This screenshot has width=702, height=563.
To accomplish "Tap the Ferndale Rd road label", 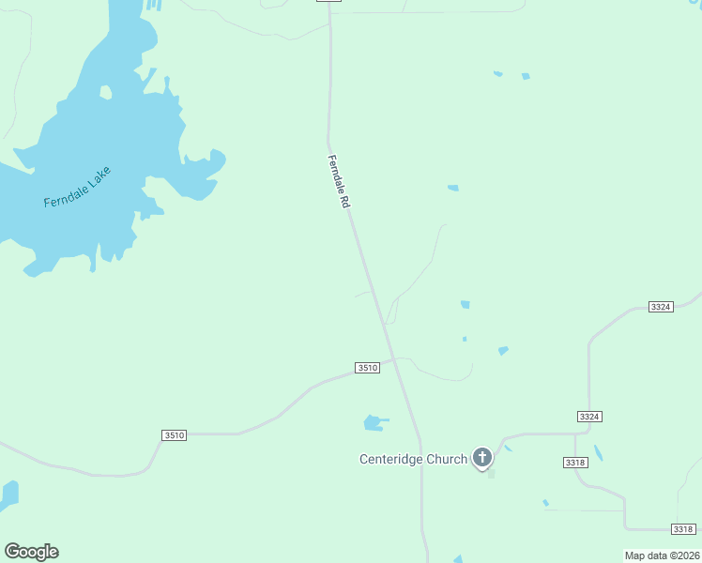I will click(339, 181).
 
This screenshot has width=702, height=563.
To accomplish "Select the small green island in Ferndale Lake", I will click(106, 92).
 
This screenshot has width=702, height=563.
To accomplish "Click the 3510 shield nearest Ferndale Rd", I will click(367, 368).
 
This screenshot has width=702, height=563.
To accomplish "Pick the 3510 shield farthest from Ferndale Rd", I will click(174, 435).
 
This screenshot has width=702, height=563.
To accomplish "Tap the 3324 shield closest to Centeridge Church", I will click(588, 416).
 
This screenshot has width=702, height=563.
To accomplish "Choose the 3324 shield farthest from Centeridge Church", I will click(661, 307).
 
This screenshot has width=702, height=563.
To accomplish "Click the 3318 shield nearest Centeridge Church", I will click(575, 463).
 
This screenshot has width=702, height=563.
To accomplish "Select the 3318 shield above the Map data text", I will click(684, 529).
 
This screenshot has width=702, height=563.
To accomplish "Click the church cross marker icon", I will click(482, 457).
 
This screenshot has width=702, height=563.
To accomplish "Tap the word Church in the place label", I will click(447, 459).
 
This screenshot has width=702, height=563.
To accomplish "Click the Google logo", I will click(31, 552).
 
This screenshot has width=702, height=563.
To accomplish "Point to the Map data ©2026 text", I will click(662, 555).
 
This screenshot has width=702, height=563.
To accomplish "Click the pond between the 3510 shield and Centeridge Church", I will click(374, 423).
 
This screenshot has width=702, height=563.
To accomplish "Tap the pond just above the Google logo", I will click(8, 495).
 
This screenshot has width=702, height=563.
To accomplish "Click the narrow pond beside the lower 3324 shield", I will click(598, 452).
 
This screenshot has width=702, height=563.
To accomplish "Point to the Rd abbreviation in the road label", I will click(345, 201).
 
